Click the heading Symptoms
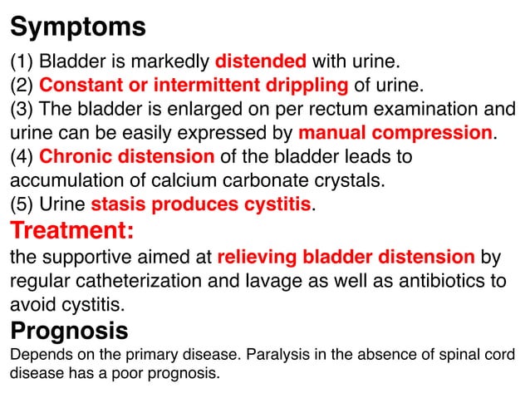(x=78, y=27)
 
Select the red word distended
(x=261, y=61)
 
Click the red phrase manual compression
(x=395, y=133)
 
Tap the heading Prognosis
(x=69, y=331)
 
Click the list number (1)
(x=22, y=61)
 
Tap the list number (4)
(x=22, y=157)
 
